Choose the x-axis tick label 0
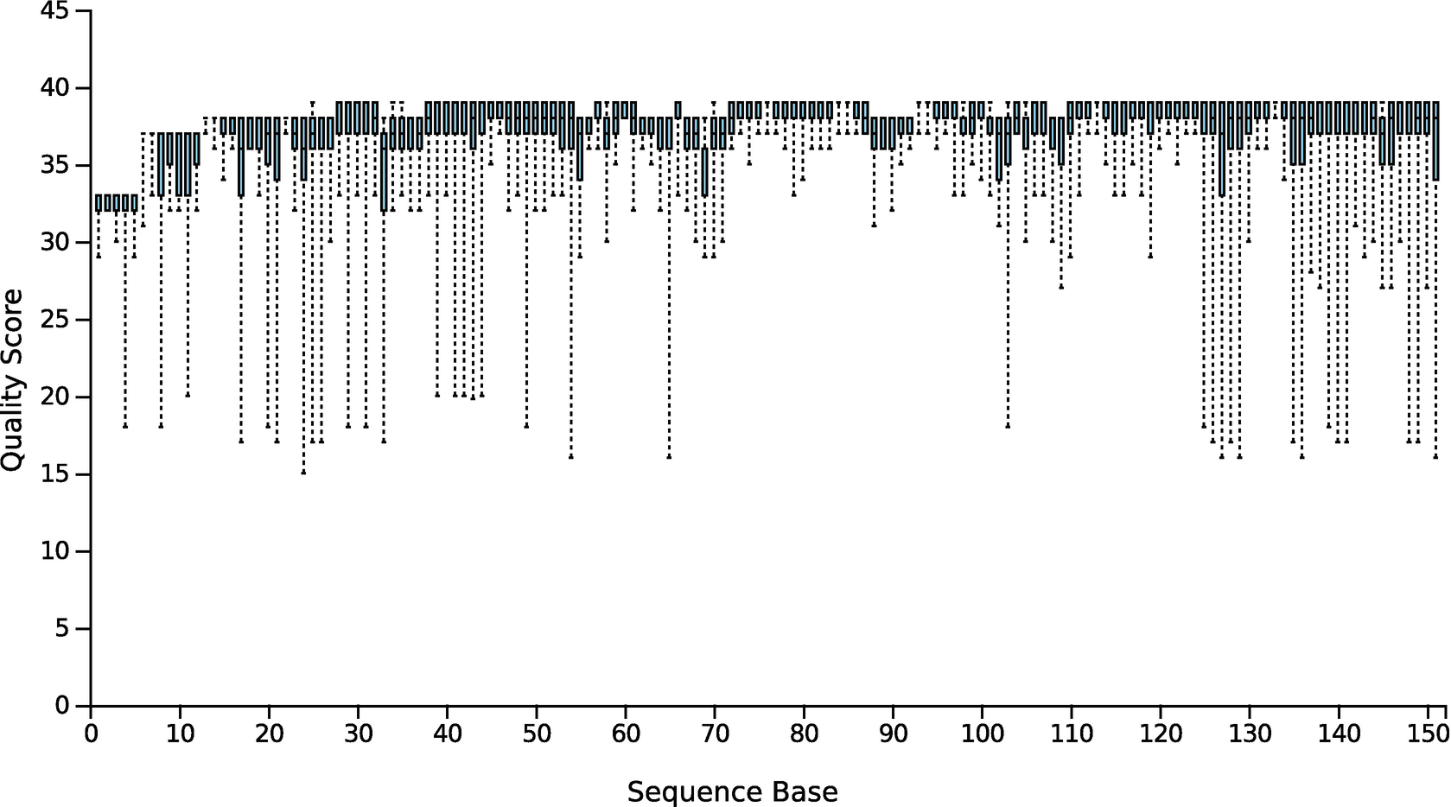(91, 734)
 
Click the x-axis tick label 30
(358, 734)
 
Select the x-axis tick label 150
(1428, 734)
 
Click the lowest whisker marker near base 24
(303, 473)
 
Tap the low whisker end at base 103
(1008, 426)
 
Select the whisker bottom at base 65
(669, 456)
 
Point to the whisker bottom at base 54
(570, 456)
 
